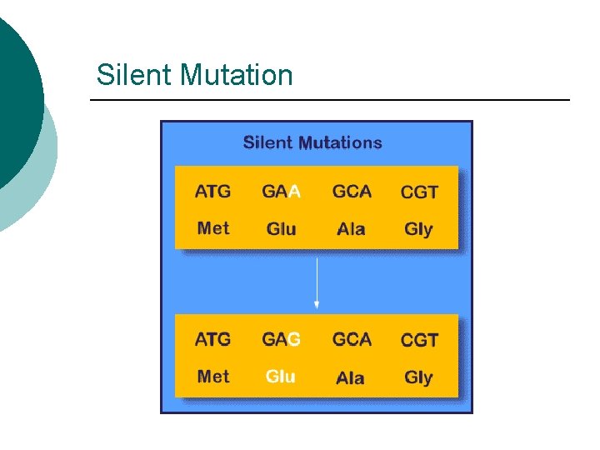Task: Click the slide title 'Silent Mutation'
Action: [194, 75]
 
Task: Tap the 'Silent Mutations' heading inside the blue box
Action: [312, 142]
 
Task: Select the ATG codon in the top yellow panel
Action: [212, 192]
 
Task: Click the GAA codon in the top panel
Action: [281, 192]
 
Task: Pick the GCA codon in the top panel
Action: [352, 192]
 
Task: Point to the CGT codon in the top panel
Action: [419, 192]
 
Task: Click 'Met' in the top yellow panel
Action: [213, 227]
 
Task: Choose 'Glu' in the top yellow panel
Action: [281, 228]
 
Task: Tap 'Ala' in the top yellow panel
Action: [351, 228]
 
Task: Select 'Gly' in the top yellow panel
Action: [418, 229]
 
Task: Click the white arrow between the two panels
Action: [317, 283]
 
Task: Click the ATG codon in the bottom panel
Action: [212, 340]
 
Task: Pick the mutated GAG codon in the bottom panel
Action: [281, 340]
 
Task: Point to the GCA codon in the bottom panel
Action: [352, 340]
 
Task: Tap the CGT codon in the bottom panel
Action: [419, 341]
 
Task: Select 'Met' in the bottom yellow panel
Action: [213, 376]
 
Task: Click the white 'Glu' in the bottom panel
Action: [281, 377]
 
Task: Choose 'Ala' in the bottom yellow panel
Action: [351, 377]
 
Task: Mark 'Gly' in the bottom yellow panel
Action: [418, 377]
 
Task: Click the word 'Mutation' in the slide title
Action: [237, 75]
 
